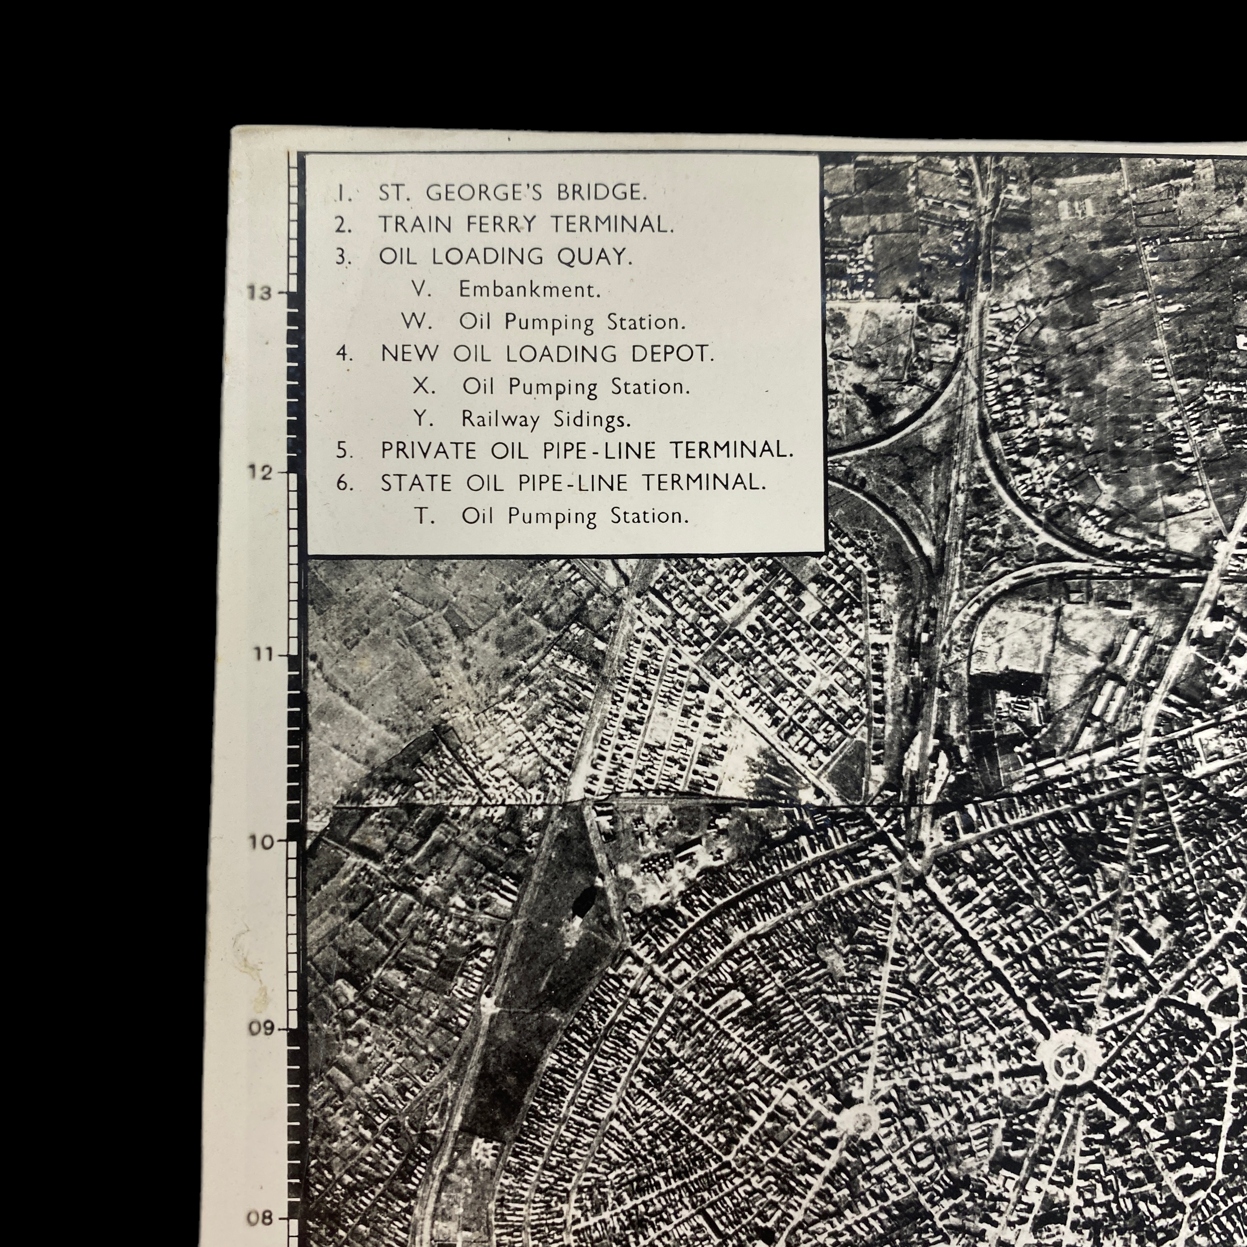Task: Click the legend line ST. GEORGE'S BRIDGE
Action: (x=511, y=193)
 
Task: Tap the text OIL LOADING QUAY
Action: (x=505, y=257)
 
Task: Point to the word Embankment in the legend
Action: (x=529, y=290)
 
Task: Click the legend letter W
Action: (x=416, y=321)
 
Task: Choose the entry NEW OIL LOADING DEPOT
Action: (x=547, y=354)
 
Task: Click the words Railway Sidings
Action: (x=545, y=419)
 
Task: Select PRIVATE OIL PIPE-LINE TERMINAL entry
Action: (x=586, y=450)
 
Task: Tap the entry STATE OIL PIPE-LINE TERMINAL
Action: (x=573, y=483)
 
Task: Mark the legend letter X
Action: (x=423, y=387)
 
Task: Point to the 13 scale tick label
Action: (x=259, y=293)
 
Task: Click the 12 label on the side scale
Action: (x=259, y=472)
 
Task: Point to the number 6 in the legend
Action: (x=344, y=483)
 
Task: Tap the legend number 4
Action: (x=344, y=354)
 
